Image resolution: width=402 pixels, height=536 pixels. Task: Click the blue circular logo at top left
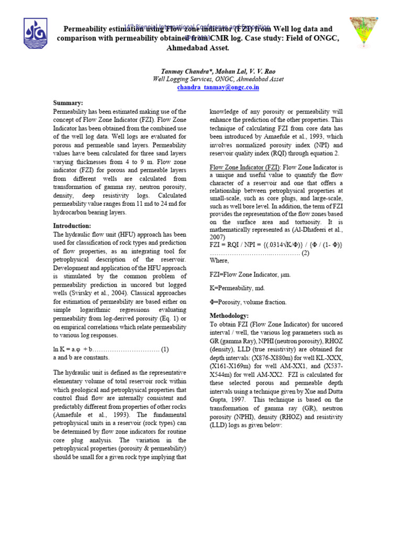click(36, 35)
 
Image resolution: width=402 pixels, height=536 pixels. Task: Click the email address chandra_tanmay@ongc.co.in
click(218, 87)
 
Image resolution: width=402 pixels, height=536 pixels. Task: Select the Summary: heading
click(68, 103)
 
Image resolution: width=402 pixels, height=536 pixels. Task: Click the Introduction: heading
click(72, 226)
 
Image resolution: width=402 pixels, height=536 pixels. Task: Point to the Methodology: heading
click(229, 316)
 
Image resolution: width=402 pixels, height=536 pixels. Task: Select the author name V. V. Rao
click(260, 70)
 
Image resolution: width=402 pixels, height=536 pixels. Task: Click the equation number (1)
click(165, 349)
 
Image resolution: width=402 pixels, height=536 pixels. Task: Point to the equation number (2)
click(305, 253)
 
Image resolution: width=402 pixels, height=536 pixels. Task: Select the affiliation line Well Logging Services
click(218, 79)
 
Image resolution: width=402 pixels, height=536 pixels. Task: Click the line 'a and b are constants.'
click(82, 358)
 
